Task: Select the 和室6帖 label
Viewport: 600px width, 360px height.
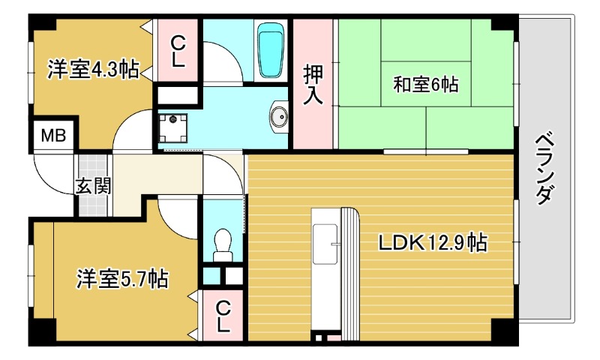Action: [425, 84]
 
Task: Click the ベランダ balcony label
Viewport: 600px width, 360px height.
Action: [546, 168]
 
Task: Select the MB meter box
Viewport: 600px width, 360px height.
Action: [52, 136]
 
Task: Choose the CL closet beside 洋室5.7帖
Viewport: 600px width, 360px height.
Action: [223, 316]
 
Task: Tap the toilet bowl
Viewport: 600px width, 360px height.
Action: [223, 242]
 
